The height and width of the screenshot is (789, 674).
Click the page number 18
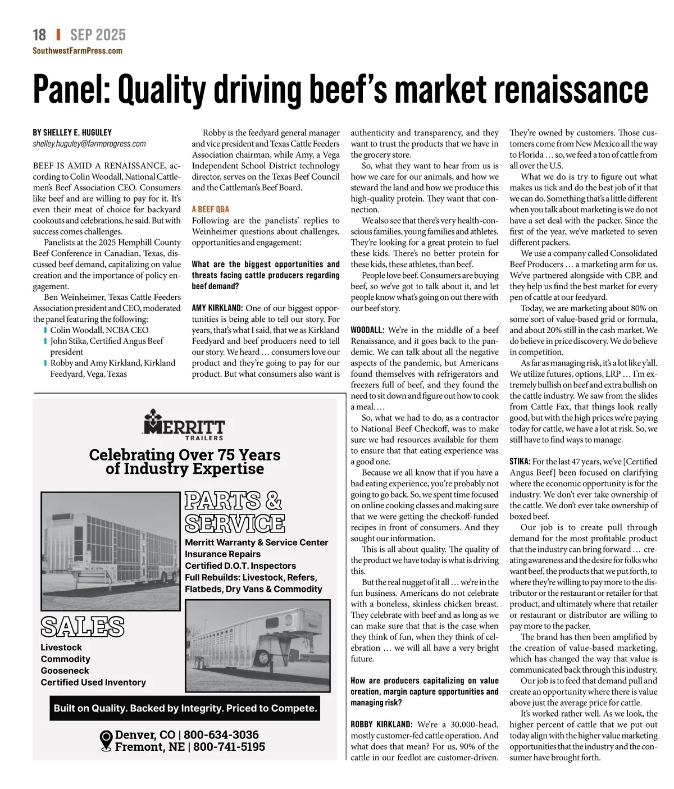pyautogui.click(x=39, y=35)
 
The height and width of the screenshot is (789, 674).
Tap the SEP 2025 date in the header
pyautogui.click(x=98, y=35)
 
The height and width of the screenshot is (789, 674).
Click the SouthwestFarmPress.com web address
pyautogui.click(x=78, y=51)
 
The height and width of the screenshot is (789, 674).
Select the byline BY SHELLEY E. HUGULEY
pyautogui.click(x=72, y=133)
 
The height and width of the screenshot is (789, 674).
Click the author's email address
pyautogui.click(x=89, y=144)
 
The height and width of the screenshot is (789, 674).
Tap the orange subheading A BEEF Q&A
pyautogui.click(x=211, y=209)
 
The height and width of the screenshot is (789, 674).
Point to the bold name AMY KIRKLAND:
pyautogui.click(x=217, y=308)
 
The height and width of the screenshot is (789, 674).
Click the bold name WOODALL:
pyautogui.click(x=367, y=330)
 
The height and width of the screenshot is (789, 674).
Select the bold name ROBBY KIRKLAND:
pyautogui.click(x=381, y=724)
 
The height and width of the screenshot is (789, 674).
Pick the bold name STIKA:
pyautogui.click(x=520, y=462)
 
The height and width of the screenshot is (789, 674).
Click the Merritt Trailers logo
pyautogui.click(x=184, y=425)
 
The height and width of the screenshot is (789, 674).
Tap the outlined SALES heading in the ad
pyautogui.click(x=83, y=627)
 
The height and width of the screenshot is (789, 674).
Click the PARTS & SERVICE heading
pyautogui.click(x=234, y=512)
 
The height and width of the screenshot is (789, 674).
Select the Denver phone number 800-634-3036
pyautogui.click(x=221, y=735)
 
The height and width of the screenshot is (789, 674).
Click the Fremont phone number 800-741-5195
pyautogui.click(x=229, y=747)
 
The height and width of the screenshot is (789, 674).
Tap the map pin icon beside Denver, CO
pyautogui.click(x=106, y=741)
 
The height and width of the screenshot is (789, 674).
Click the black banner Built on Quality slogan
pyautogui.click(x=185, y=708)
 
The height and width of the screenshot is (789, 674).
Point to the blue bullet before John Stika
pyautogui.click(x=45, y=341)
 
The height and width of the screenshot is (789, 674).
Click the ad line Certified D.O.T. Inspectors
pyautogui.click(x=240, y=565)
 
